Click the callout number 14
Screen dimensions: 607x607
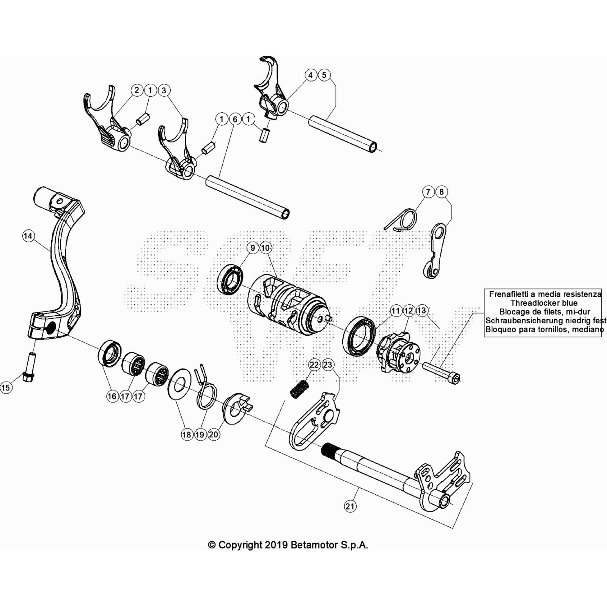[x=28, y=236]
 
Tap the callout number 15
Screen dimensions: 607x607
[x=6, y=387]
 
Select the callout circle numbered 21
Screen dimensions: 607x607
[x=350, y=506]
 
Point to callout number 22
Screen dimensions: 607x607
[x=315, y=365]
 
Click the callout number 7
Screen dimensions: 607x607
[x=428, y=192]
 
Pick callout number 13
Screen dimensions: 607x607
[x=421, y=311]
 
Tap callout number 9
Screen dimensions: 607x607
[x=253, y=248]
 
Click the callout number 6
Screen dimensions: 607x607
[x=235, y=119]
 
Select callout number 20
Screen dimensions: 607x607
[x=214, y=434]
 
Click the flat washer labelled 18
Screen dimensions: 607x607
[x=179, y=386]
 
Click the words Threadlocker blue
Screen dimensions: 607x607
[x=544, y=303]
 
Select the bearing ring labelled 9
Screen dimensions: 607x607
[x=230, y=280]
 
